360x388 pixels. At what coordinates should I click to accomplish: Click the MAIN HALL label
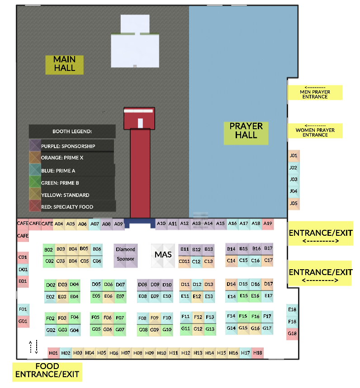pos(65,64)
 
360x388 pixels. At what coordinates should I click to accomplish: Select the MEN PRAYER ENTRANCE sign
pos(315,92)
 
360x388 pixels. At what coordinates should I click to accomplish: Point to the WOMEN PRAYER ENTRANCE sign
pos(315,131)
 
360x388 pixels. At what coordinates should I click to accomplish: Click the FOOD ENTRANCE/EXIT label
pos(47,370)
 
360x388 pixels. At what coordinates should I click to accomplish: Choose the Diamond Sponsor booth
pos(125,254)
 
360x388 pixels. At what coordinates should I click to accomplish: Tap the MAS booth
pos(163,255)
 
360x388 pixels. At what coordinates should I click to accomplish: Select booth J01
pos(294,155)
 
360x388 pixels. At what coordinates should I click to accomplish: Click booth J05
pos(294,204)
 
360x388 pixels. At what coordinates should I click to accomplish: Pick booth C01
pos(23,257)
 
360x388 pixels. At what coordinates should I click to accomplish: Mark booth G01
pos(23,322)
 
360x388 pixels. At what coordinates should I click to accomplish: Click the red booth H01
pos(53,353)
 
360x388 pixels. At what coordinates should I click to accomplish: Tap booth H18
pos(258,353)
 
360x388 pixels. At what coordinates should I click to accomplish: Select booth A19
pos(268,223)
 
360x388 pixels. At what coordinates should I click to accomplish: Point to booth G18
pos(292,333)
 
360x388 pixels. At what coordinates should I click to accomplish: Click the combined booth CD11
pos(184,261)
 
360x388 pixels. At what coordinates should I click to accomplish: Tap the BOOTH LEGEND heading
pos(72,131)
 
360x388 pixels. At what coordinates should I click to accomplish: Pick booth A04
pos(59,224)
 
